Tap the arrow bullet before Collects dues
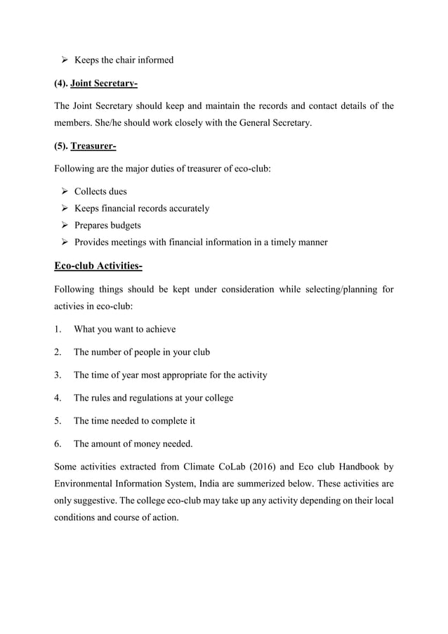pyautogui.click(x=60, y=191)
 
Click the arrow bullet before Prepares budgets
pyautogui.click(x=60, y=226)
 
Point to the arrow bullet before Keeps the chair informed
pyautogui.click(x=60, y=60)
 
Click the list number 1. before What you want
pyautogui.click(x=58, y=329)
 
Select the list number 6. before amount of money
pyautogui.click(x=58, y=444)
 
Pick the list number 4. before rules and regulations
pyautogui.click(x=58, y=398)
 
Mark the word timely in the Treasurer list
pyautogui.click(x=271, y=242)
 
